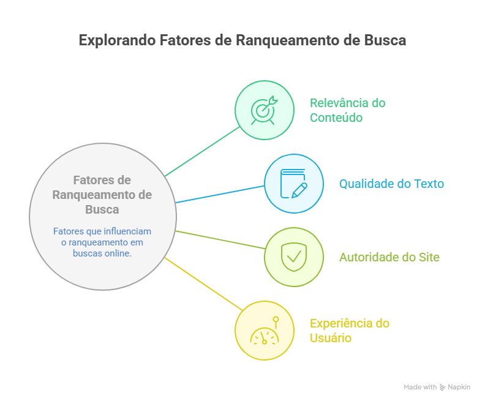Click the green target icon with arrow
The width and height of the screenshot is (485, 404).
[x=264, y=110]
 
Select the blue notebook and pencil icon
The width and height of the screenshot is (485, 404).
[x=293, y=184]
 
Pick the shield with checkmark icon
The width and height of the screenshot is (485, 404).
[x=293, y=256]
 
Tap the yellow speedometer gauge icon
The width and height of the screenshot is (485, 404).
[x=264, y=331]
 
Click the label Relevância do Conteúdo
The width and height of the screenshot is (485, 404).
[x=347, y=110]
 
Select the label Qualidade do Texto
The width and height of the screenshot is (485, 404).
[x=391, y=184]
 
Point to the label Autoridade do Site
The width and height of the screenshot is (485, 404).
[x=389, y=257]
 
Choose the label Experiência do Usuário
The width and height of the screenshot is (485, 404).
[x=349, y=331]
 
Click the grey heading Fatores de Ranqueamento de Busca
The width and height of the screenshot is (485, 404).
[x=102, y=195]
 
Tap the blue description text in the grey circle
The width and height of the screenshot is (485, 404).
[x=102, y=242]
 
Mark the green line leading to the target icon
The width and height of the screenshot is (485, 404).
[x=202, y=151]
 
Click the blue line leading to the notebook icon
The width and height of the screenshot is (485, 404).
[x=220, y=194]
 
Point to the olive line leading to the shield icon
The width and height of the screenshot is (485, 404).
[x=220, y=239]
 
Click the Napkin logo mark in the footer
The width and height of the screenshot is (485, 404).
[x=443, y=387]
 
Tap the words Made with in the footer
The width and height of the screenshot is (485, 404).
[x=420, y=387]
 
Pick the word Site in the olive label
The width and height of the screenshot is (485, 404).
[x=429, y=257]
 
